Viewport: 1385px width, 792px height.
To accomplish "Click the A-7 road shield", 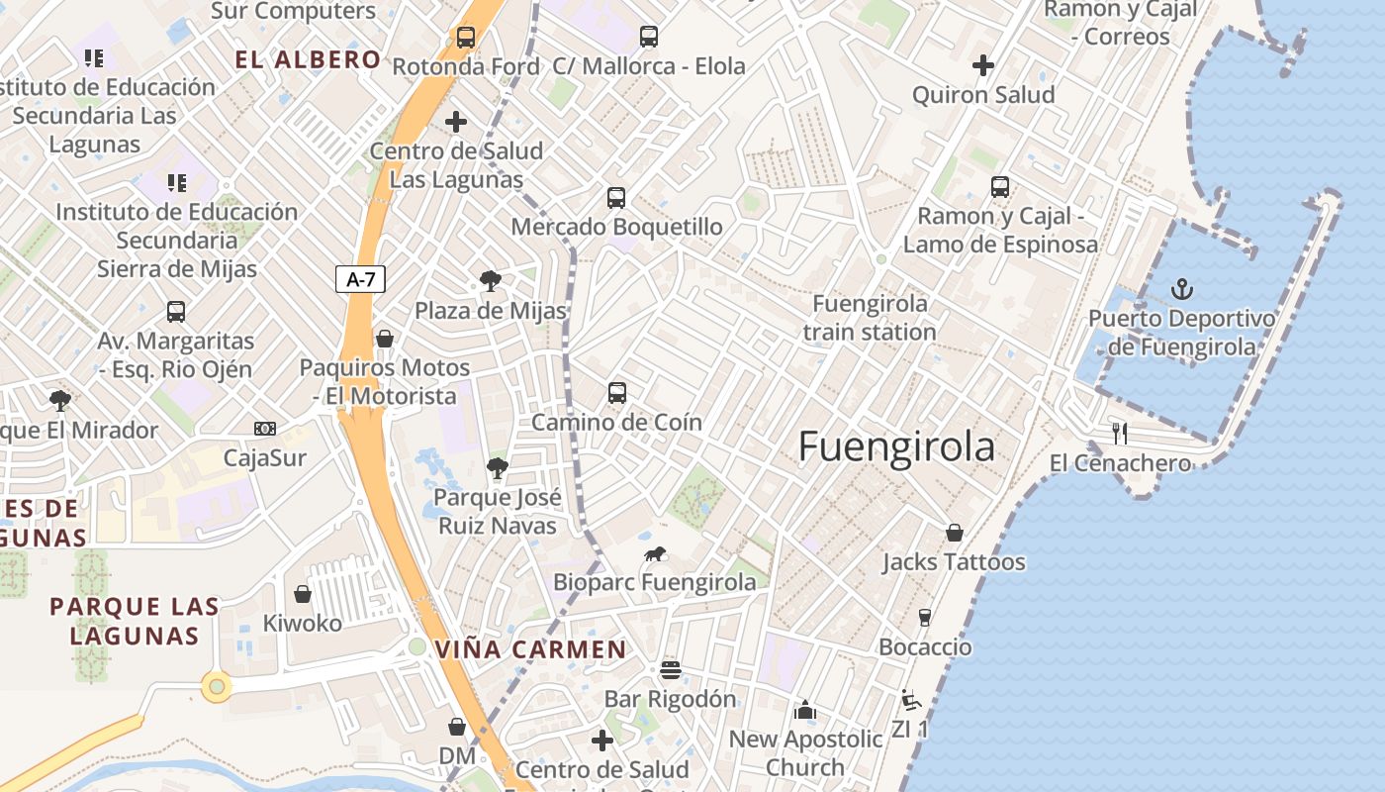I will pos(360,279).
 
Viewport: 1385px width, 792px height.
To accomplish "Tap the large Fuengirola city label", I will pos(896,446).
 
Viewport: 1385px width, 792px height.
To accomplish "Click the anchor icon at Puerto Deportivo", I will pos(1182,289).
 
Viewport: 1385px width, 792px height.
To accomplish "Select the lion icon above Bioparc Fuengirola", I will pos(655,554).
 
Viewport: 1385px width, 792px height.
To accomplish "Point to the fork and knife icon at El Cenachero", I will pos(1120,433).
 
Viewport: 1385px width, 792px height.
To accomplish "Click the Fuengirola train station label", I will pos(870,317).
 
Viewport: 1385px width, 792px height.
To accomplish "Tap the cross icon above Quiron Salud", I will pos(983,65).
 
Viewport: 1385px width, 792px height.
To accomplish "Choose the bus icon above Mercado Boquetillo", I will pos(616,198).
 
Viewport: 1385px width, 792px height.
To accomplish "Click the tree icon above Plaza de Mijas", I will pos(490,281).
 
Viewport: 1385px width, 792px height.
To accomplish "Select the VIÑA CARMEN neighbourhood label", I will pos(531,649).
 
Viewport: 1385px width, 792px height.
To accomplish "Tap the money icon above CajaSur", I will pos(264,429).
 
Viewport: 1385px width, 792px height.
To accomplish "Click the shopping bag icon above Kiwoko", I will pos(303,594).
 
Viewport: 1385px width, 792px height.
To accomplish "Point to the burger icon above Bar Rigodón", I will pos(671,670).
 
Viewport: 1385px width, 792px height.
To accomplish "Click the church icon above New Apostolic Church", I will pos(805,710).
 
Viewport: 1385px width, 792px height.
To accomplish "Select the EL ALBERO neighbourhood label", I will pos(308,59).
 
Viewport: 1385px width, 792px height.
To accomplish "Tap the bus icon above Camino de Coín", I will pos(617,393).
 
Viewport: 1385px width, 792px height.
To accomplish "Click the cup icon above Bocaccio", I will pos(925,618).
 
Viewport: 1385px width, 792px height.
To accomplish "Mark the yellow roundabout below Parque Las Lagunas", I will pos(217,685).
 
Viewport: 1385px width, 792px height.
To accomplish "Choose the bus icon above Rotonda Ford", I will pos(466,38).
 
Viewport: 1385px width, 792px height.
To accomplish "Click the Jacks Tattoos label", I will pos(954,561).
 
